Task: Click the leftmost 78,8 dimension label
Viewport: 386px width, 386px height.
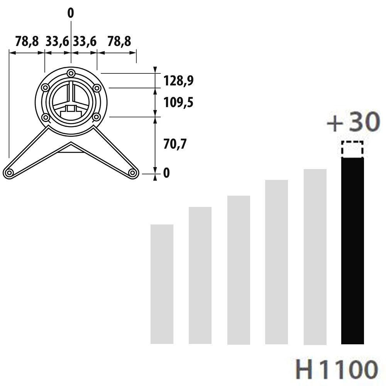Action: click(x=27, y=41)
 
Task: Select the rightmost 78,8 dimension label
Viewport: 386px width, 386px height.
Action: click(x=119, y=41)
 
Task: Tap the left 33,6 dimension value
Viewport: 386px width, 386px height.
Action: click(x=57, y=41)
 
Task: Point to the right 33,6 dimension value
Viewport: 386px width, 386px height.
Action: click(x=85, y=41)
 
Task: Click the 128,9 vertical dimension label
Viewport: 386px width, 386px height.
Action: click(x=178, y=81)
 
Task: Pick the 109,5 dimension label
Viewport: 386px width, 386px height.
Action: click(x=178, y=103)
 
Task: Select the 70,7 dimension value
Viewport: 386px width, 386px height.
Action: click(x=175, y=144)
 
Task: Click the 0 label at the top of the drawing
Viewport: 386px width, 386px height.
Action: click(x=71, y=13)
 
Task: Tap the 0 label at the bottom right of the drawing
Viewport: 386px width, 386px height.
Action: click(x=166, y=173)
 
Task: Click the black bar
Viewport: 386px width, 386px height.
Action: click(x=352, y=251)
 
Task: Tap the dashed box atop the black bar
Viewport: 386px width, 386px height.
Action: click(x=352, y=149)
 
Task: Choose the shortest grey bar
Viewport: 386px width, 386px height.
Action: click(x=162, y=284)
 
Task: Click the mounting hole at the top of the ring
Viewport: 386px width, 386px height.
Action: click(x=71, y=73)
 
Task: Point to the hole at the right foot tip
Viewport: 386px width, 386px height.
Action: click(x=132, y=173)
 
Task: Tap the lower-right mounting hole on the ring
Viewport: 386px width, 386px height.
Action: click(x=96, y=117)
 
